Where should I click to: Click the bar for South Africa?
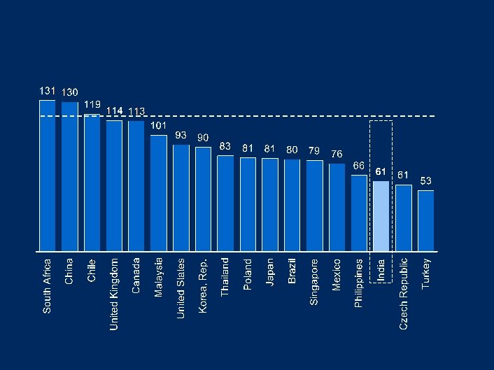(x=47, y=175)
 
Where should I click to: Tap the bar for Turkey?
(x=425, y=220)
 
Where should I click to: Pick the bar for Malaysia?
(x=159, y=192)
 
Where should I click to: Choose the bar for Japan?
(x=270, y=204)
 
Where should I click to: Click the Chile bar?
(x=92, y=182)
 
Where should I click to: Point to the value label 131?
(x=47, y=91)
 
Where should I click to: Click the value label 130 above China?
(x=70, y=92)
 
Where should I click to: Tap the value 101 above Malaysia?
(x=159, y=126)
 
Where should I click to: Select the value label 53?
(x=425, y=181)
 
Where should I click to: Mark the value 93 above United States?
(x=181, y=135)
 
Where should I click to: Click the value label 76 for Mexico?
(x=337, y=154)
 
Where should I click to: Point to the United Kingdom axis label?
(x=115, y=294)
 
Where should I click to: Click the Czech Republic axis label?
(x=404, y=294)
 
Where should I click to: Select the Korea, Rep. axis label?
(x=204, y=285)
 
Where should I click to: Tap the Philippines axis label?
(x=359, y=283)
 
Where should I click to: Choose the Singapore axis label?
(x=315, y=282)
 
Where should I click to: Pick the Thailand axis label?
(x=225, y=277)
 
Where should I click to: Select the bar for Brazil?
(x=292, y=205)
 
